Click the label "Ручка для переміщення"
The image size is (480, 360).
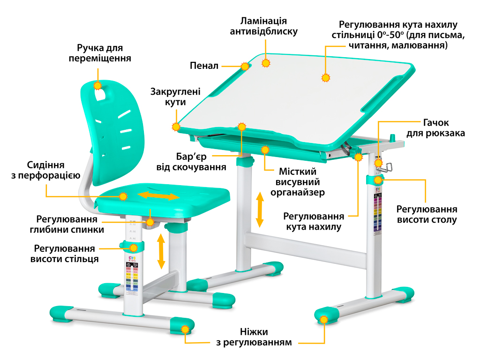tap(99, 53)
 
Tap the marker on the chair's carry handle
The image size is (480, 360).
tap(97, 85)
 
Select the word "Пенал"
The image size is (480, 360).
tap(204, 66)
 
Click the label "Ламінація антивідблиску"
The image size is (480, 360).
tap(263, 27)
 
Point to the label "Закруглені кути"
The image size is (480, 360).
tap(175, 97)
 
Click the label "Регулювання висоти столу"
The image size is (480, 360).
tap(427, 214)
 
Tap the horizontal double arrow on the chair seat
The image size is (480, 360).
tap(159, 195)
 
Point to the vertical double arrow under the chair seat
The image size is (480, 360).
tap(161, 252)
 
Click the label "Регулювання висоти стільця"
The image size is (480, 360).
tap(65, 254)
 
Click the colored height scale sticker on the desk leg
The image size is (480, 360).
tap(378, 213)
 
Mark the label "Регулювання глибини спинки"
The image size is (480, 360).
tap(70, 224)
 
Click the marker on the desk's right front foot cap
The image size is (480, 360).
tap(323, 320)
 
